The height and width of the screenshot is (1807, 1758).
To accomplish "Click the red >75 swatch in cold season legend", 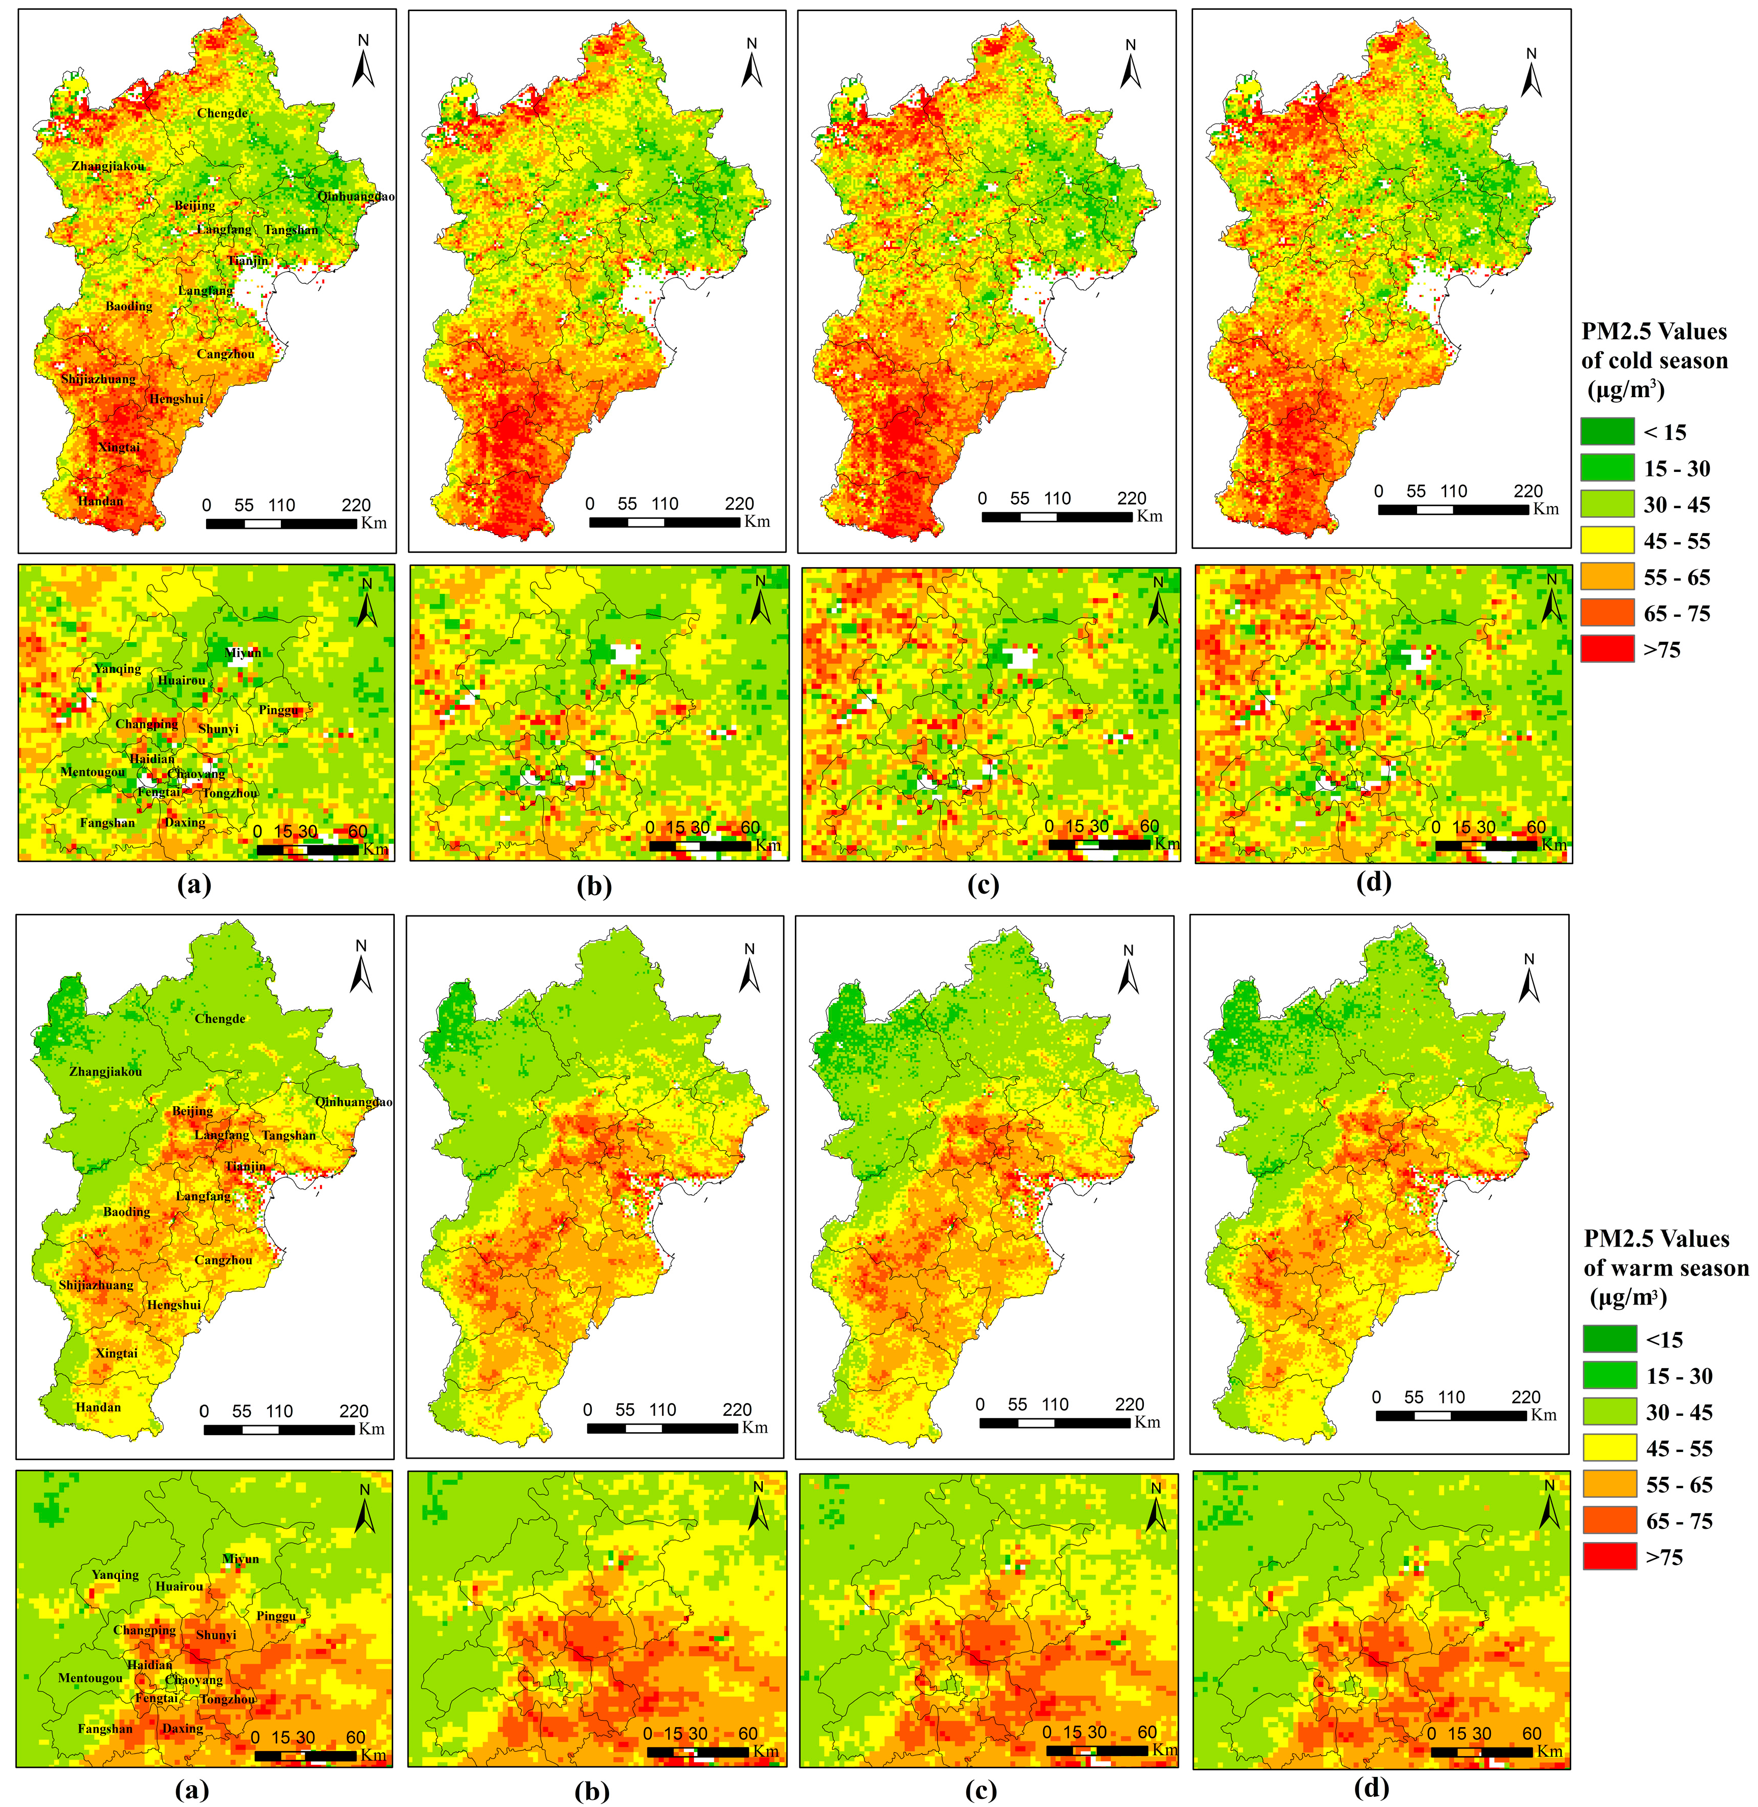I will [1607, 649].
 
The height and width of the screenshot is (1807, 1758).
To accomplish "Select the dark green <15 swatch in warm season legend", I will [1609, 1339].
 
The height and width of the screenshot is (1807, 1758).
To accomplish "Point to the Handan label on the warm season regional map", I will [98, 1407].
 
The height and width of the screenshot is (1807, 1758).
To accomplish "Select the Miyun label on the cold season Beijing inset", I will [243, 653].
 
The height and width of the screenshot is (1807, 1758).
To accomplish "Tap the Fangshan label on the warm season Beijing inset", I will [105, 1729].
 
